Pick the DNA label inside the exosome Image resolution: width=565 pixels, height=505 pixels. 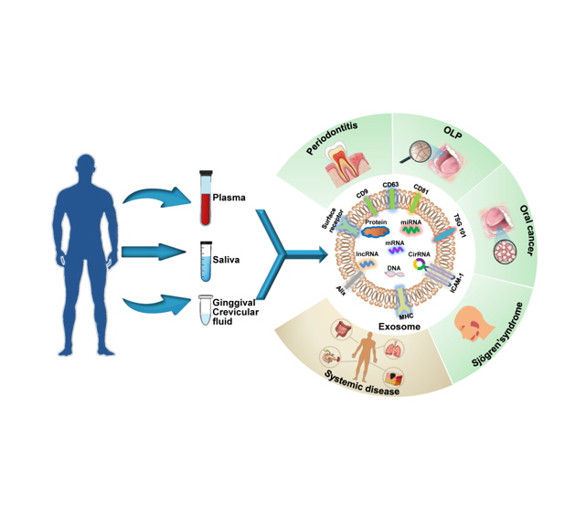[394, 267]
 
